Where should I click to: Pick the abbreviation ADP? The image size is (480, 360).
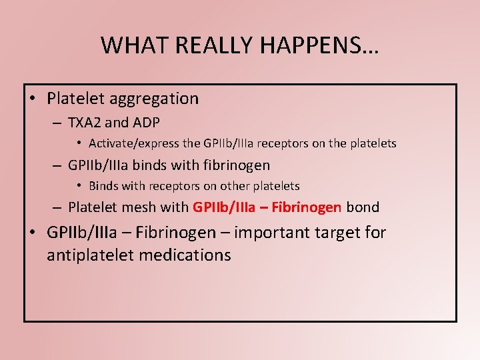[x=145, y=123]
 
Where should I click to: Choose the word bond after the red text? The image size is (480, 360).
[x=363, y=207]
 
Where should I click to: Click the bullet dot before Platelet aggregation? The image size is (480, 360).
[x=32, y=99]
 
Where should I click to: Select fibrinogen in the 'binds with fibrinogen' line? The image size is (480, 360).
[x=239, y=165]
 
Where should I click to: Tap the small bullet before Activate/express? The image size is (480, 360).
[x=79, y=143]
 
